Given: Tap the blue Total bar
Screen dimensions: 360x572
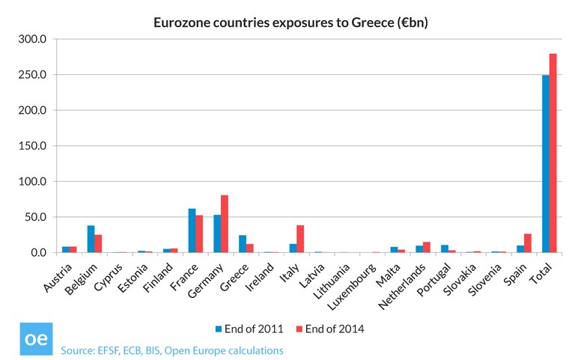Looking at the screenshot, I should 546,164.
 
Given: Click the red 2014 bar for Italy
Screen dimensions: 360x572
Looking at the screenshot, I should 299,239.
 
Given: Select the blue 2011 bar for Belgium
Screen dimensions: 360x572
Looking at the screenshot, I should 91,239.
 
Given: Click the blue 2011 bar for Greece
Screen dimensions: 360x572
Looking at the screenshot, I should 242,244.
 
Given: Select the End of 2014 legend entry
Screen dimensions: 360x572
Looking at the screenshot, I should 332,328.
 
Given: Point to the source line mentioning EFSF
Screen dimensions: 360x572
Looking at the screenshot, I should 172,350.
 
